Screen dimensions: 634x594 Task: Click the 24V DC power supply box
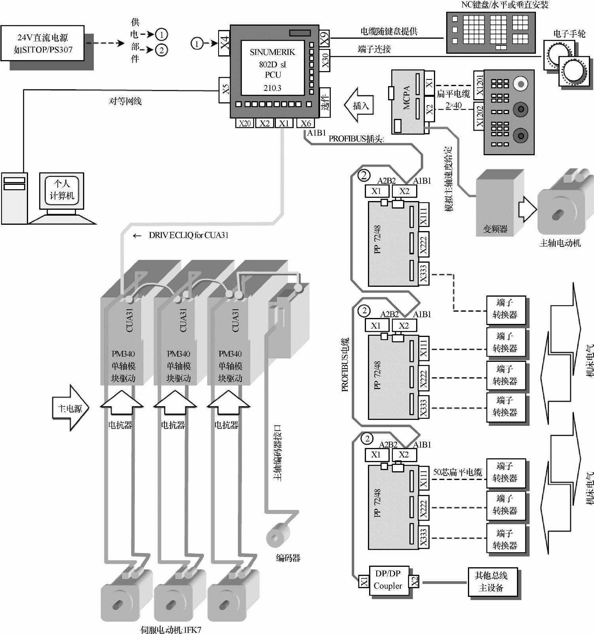42,43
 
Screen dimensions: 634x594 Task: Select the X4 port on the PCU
224,43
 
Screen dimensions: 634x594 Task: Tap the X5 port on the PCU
225,90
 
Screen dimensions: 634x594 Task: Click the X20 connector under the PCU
245,123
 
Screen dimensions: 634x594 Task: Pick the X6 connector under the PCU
305,123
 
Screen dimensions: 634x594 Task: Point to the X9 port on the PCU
324,39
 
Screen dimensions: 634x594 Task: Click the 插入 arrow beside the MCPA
359,105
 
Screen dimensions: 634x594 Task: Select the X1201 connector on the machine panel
479,84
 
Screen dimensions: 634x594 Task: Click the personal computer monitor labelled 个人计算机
62,190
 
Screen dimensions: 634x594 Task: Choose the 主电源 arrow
70,408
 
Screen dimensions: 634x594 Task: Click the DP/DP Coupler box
388,580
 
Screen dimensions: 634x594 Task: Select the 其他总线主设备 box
492,581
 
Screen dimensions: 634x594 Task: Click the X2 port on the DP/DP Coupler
414,581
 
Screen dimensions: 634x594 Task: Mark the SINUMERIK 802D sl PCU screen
273,68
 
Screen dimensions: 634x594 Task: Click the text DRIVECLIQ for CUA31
188,235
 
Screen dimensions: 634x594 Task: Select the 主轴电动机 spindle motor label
560,243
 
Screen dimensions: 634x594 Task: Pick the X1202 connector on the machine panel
479,117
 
